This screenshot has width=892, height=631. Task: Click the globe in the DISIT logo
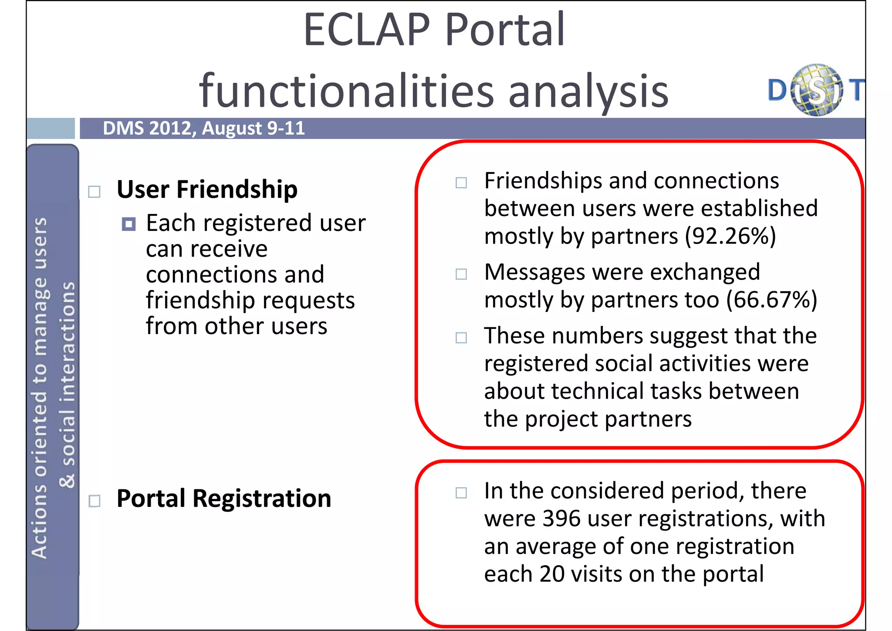(816, 90)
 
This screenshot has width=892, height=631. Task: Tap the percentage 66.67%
(771, 300)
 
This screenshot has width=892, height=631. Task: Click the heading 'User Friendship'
(207, 190)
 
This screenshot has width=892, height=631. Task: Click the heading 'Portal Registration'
(224, 499)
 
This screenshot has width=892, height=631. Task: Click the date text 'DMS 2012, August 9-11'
(203, 128)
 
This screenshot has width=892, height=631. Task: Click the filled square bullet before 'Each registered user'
(128, 224)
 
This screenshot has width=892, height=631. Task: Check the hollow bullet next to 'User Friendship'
(95, 192)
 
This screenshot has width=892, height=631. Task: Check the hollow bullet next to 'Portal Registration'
(95, 501)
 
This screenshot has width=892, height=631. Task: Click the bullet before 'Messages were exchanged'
(461, 274)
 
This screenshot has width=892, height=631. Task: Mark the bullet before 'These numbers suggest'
(461, 338)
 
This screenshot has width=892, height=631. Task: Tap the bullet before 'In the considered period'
(461, 493)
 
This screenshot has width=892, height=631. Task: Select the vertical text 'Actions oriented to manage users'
(40, 388)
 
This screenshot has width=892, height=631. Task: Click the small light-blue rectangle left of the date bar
(51, 128)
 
